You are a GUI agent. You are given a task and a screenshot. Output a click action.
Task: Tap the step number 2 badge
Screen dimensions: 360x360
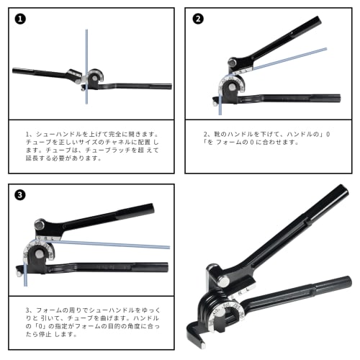tap(198, 19)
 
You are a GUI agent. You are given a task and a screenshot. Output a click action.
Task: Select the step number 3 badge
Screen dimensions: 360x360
tap(19, 195)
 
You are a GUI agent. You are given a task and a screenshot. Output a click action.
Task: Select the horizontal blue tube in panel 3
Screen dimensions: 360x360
tap(108, 244)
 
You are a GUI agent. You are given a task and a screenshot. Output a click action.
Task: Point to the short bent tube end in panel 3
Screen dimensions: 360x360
tap(24, 272)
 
